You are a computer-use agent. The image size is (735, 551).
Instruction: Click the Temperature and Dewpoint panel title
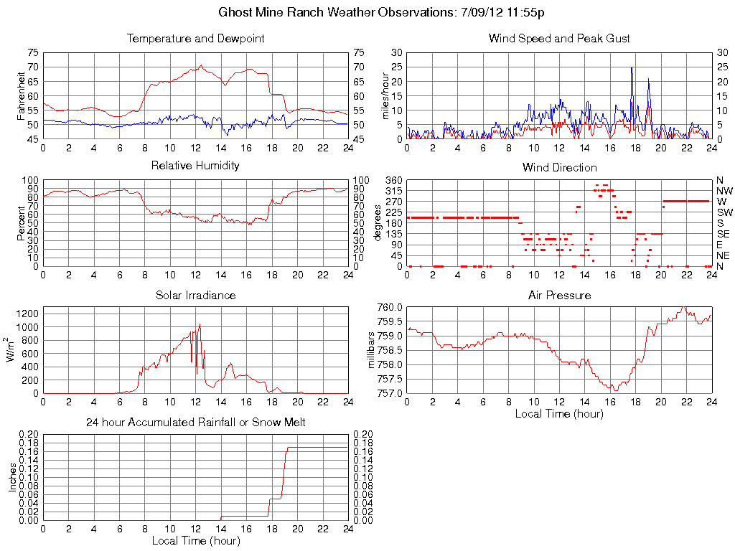[195, 39]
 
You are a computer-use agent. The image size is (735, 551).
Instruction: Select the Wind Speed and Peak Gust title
[559, 39]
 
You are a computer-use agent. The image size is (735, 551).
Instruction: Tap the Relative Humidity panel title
[195, 166]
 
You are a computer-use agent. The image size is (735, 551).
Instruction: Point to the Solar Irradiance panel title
[195, 295]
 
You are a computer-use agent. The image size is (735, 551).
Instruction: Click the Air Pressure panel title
[559, 295]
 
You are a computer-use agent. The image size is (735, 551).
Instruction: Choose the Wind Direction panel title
[559, 168]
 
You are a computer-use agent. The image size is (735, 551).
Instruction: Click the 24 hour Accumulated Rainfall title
[195, 423]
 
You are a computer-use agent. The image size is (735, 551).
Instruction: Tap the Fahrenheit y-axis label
[21, 95]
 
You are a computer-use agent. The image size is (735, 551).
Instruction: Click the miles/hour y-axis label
[385, 95]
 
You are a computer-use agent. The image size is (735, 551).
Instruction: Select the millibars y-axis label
[372, 350]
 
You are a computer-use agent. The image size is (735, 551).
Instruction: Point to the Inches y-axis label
[12, 477]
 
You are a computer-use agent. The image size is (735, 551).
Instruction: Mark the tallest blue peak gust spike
[632, 67]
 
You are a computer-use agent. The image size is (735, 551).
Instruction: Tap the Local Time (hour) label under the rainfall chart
[195, 540]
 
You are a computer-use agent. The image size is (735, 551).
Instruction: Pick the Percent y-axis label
[21, 223]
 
